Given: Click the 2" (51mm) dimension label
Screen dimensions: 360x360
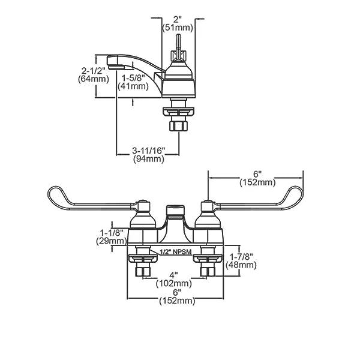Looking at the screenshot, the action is coord(178,23).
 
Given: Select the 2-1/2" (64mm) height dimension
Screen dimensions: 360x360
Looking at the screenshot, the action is coord(93,75).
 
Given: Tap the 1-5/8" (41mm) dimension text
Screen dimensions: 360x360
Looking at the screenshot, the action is coord(133,82).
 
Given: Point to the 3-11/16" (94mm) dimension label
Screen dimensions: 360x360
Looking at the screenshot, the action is coord(149,155).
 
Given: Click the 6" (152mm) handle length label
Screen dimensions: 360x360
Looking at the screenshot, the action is coord(257,178).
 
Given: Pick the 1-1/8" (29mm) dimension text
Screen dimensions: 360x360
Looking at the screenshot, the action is coord(112,237).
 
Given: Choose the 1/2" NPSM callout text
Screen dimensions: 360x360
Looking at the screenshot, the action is coord(176,252).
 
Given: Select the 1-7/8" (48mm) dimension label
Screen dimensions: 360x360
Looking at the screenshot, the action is coord(241,261).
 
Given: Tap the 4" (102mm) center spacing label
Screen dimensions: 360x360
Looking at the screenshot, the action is coord(174,279).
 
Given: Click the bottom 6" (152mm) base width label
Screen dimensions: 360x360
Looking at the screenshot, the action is coord(177,296).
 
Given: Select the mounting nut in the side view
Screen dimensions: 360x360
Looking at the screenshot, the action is coord(178,112).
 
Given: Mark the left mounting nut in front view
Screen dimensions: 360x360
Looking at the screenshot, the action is coord(143,259).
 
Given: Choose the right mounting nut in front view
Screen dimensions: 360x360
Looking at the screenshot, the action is coord(208,259).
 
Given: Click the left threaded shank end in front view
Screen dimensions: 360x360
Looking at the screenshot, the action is coord(143,272).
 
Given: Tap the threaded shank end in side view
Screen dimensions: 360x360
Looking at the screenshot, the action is coord(178,126).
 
